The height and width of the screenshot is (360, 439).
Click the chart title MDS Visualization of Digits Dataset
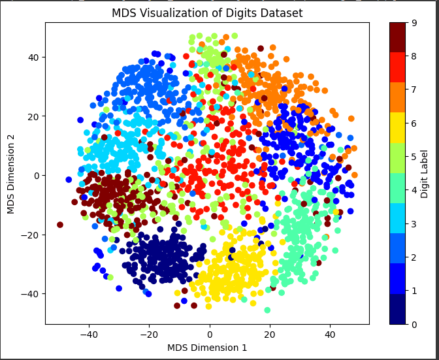click(x=207, y=13)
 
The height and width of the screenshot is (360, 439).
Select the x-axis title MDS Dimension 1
click(x=207, y=348)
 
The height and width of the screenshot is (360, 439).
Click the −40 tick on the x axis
click(x=89, y=333)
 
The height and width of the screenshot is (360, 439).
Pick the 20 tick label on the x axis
click(x=269, y=333)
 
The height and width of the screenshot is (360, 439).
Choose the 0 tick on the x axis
click(x=209, y=333)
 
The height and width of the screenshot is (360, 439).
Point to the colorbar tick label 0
click(x=414, y=324)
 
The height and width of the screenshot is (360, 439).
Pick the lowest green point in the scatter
click(x=267, y=310)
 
